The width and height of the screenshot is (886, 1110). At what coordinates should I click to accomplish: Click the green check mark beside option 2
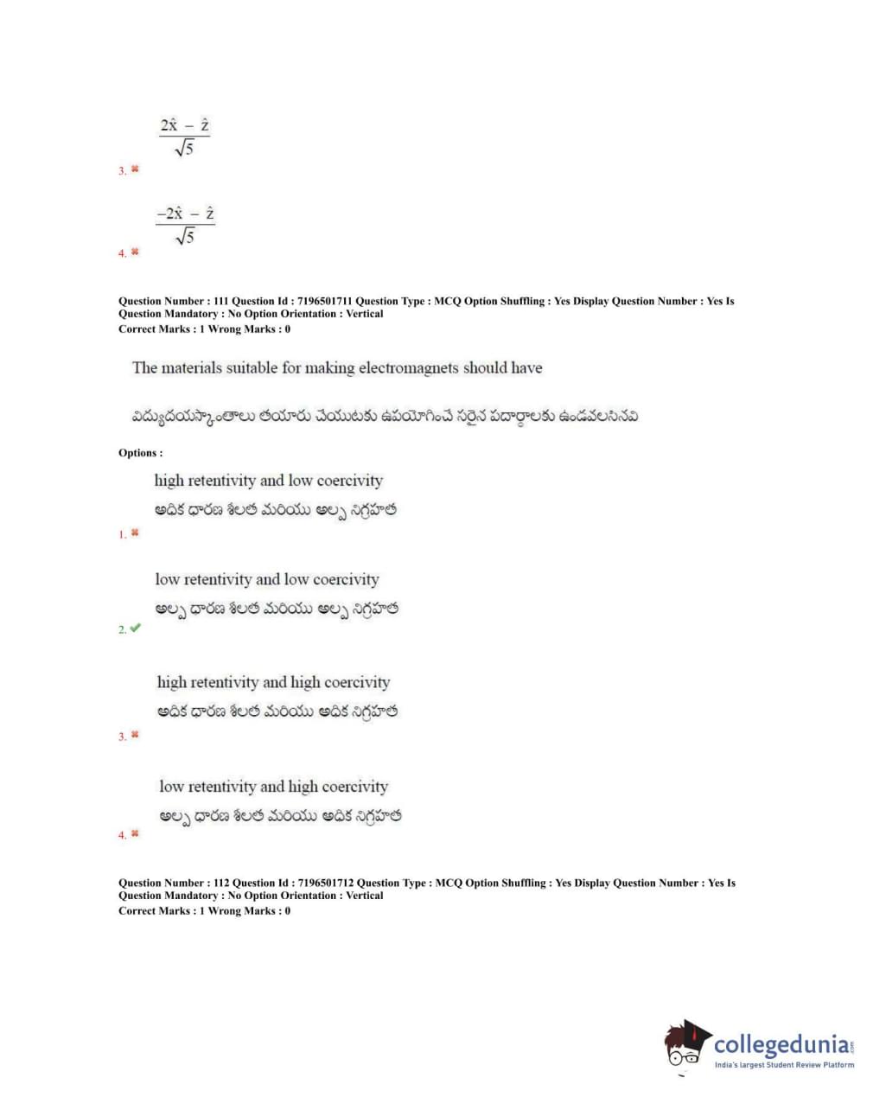pos(135,628)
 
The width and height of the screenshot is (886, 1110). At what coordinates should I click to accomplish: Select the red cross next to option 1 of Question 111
pos(135,533)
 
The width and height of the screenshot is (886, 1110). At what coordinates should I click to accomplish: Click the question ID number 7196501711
pos(322,302)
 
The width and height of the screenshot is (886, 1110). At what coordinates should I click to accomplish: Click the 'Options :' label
pos(140,453)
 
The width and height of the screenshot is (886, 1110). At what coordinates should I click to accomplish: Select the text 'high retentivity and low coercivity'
pos(268,481)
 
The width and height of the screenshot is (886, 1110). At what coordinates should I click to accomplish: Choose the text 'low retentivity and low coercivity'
pos(267,580)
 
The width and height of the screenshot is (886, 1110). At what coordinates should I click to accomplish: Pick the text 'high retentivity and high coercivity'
pos(273,683)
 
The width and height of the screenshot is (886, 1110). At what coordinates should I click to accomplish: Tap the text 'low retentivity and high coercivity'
pos(273,787)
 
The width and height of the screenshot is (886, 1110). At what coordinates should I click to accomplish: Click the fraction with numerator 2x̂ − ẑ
pos(184,137)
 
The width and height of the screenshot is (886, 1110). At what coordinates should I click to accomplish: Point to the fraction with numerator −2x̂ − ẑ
pos(185,224)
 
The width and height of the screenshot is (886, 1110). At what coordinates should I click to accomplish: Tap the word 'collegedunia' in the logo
pos(781,1045)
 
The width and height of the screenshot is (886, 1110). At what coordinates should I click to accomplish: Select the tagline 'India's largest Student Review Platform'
pos(784,1065)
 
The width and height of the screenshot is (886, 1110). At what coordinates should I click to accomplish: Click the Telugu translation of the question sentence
pos(385,417)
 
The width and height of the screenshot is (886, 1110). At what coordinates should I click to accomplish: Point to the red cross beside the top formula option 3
pos(135,169)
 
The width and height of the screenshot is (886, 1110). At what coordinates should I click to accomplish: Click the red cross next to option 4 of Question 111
pos(135,834)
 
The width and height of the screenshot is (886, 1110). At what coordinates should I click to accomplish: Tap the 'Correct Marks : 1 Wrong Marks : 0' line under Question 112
pos(204,911)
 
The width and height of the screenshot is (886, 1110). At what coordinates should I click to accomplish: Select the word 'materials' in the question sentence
pos(190,368)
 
